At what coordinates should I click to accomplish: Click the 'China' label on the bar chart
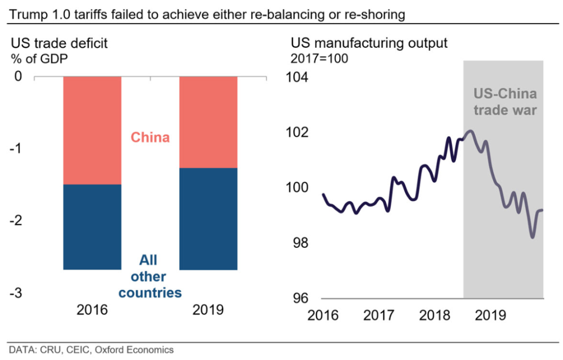(x=150, y=137)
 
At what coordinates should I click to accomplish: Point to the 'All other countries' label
(x=150, y=276)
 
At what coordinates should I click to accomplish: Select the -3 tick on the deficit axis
(x=17, y=292)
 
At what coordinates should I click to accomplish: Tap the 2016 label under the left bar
(x=92, y=310)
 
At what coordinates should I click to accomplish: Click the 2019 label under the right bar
(x=208, y=310)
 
